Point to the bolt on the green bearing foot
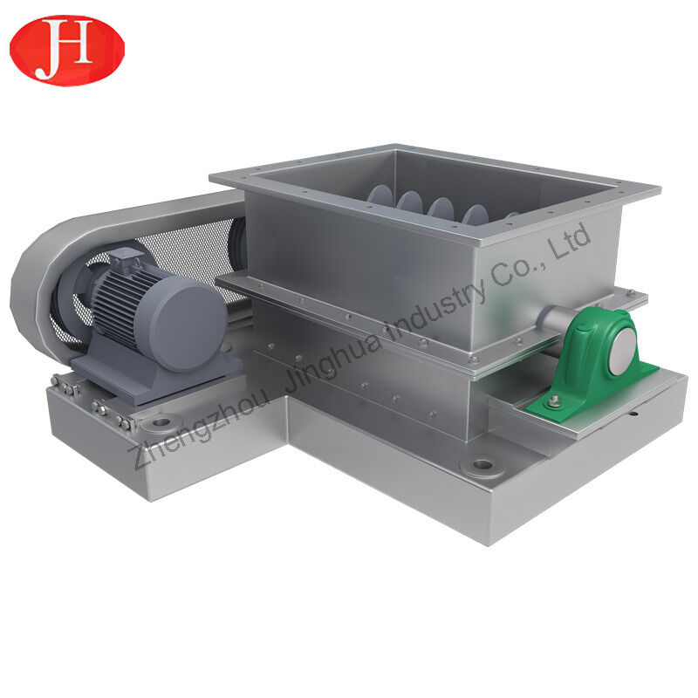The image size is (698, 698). pos(552,402)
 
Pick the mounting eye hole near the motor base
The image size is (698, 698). pos(161,424)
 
